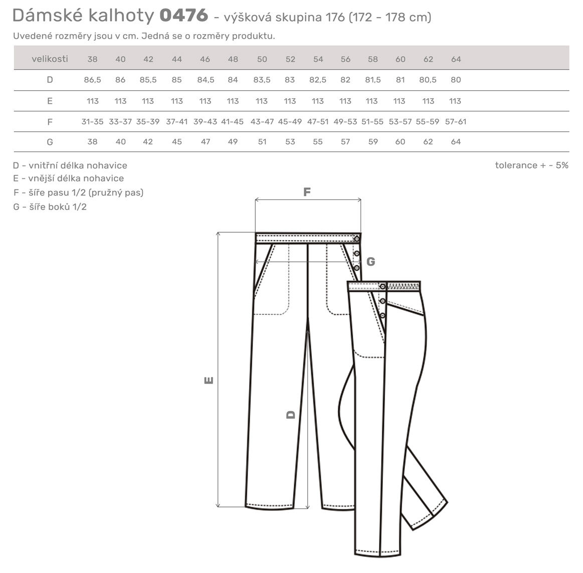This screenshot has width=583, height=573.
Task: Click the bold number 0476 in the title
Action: click(x=183, y=16)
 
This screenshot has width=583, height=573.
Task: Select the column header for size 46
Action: click(x=205, y=59)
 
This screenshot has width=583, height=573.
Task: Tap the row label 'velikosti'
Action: click(x=50, y=59)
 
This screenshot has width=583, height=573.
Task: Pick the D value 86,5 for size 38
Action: click(x=92, y=80)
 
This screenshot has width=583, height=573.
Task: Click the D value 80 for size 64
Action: click(x=456, y=80)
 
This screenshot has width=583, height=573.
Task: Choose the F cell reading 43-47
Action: click(x=262, y=122)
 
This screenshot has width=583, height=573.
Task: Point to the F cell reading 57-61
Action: click(x=456, y=122)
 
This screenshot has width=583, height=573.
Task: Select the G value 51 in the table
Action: click(x=262, y=142)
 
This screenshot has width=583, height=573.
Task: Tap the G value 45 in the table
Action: click(x=177, y=142)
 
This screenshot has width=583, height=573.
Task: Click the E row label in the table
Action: click(x=50, y=101)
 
